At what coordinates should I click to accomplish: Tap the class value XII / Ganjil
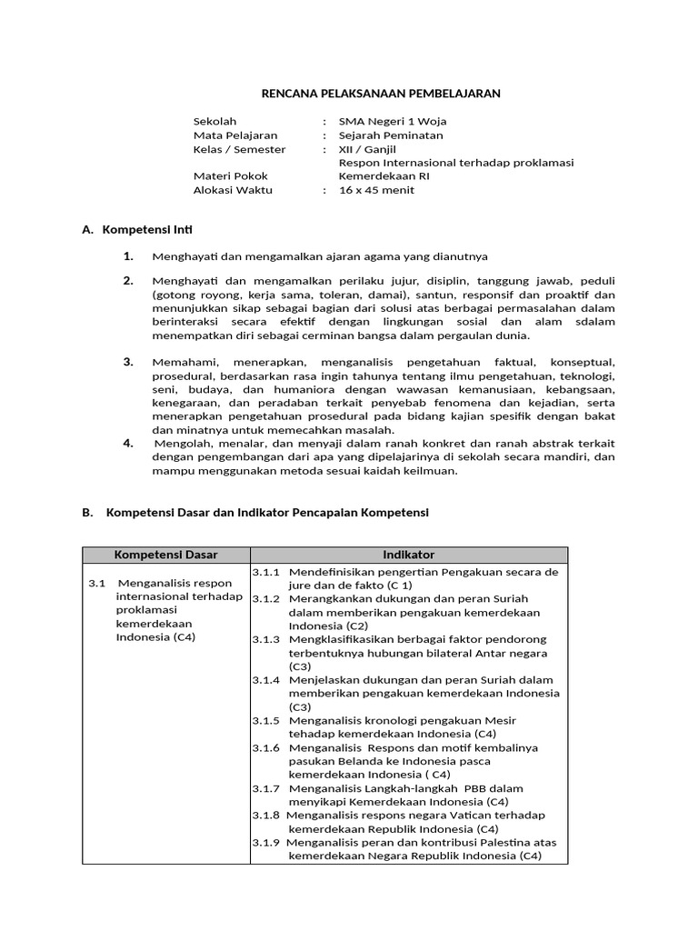(367, 149)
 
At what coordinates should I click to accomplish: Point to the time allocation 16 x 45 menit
(376, 190)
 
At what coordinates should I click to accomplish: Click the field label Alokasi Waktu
(233, 190)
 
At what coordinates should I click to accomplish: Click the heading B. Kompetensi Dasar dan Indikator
(254, 513)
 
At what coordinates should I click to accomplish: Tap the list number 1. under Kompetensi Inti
(129, 256)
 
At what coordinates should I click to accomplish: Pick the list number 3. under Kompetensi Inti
(129, 362)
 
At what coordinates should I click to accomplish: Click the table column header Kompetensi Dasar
(165, 555)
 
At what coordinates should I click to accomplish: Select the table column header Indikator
(408, 555)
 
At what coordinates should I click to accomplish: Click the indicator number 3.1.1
(266, 573)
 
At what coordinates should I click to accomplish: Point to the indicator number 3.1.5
(266, 720)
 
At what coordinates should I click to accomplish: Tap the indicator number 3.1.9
(266, 842)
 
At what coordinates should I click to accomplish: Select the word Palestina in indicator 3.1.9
(506, 842)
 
